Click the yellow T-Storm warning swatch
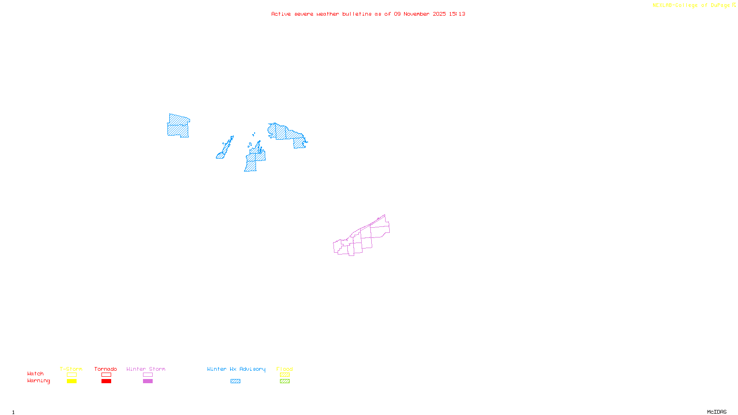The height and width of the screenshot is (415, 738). pyautogui.click(x=71, y=381)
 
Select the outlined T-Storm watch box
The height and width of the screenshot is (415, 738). pyautogui.click(x=71, y=375)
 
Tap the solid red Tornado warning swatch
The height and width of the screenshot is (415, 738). pyautogui.click(x=106, y=381)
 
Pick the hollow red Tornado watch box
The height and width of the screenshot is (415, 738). pyautogui.click(x=106, y=375)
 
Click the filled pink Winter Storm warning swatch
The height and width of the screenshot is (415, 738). pyautogui.click(x=148, y=381)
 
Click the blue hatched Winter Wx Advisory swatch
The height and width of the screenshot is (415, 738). pyautogui.click(x=235, y=381)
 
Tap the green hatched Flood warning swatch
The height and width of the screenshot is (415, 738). pyautogui.click(x=285, y=381)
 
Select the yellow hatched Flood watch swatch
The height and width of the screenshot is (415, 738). pyautogui.click(x=285, y=375)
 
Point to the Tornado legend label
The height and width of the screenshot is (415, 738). pyautogui.click(x=106, y=369)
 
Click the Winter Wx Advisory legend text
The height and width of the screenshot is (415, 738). pyautogui.click(x=236, y=369)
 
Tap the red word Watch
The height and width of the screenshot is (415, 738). pyautogui.click(x=36, y=373)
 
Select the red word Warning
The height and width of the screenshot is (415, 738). pyautogui.click(x=38, y=381)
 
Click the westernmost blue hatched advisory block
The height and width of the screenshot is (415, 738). pyautogui.click(x=178, y=125)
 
